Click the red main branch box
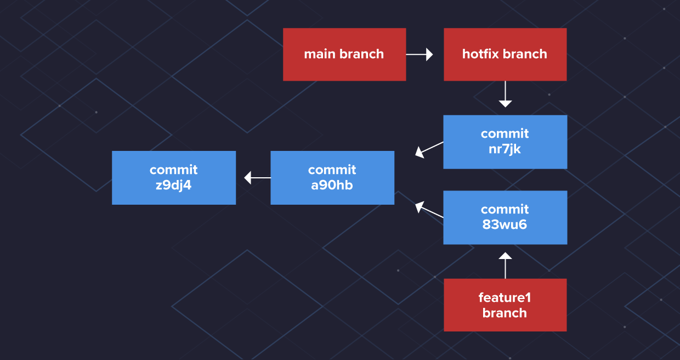[344, 54]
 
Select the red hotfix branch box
[505, 54]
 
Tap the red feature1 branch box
[505, 305]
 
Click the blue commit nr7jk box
[505, 142]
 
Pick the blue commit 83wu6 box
[505, 217]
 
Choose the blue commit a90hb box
[332, 178]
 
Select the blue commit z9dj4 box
[174, 178]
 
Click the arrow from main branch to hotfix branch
[420, 54]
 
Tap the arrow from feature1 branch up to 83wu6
[505, 265]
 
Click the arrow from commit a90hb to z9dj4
[257, 178]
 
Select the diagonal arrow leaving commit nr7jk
[429, 149]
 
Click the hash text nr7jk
[505, 149]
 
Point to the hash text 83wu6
[505, 224]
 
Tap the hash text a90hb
[332, 185]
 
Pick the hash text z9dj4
[173, 185]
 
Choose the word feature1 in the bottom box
[505, 298]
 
